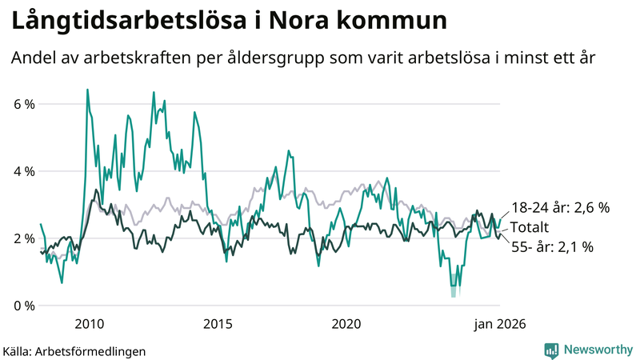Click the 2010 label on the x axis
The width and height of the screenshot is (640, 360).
(89, 324)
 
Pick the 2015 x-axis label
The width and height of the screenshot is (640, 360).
(218, 324)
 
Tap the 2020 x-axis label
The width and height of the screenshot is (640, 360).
(346, 324)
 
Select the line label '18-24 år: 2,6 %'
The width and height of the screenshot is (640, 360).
(560, 207)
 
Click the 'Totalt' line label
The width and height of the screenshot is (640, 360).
(530, 226)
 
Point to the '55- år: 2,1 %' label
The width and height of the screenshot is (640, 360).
(552, 247)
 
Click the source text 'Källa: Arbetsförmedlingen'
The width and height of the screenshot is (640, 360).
(74, 350)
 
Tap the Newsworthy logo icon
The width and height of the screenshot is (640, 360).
(552, 350)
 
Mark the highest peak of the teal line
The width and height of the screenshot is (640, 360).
(86, 90)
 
